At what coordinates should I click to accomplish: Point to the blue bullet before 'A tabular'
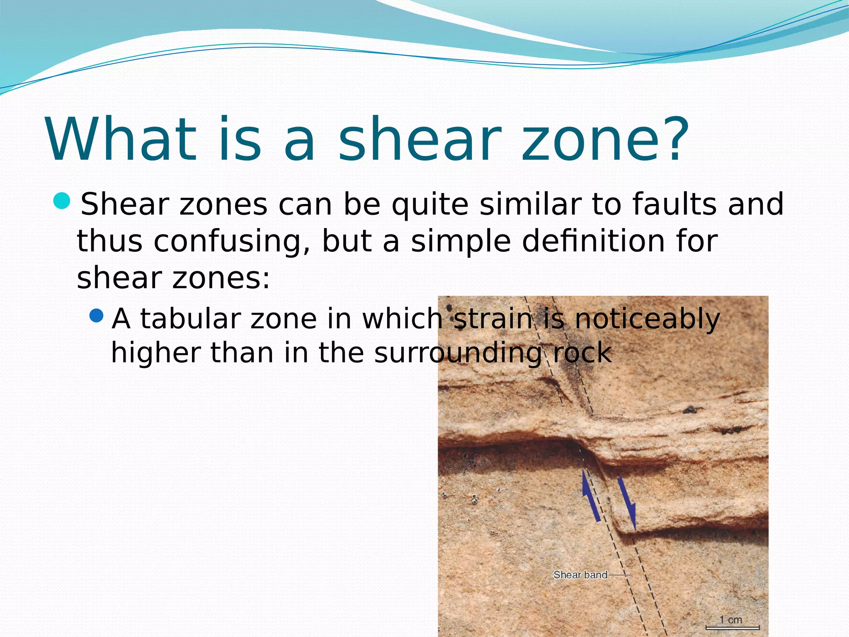click(x=96, y=316)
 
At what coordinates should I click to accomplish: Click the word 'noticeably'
click(x=647, y=319)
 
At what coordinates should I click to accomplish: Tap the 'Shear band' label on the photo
click(x=580, y=575)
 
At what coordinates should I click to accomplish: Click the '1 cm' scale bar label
click(x=731, y=620)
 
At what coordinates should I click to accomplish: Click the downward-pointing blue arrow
click(x=627, y=504)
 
